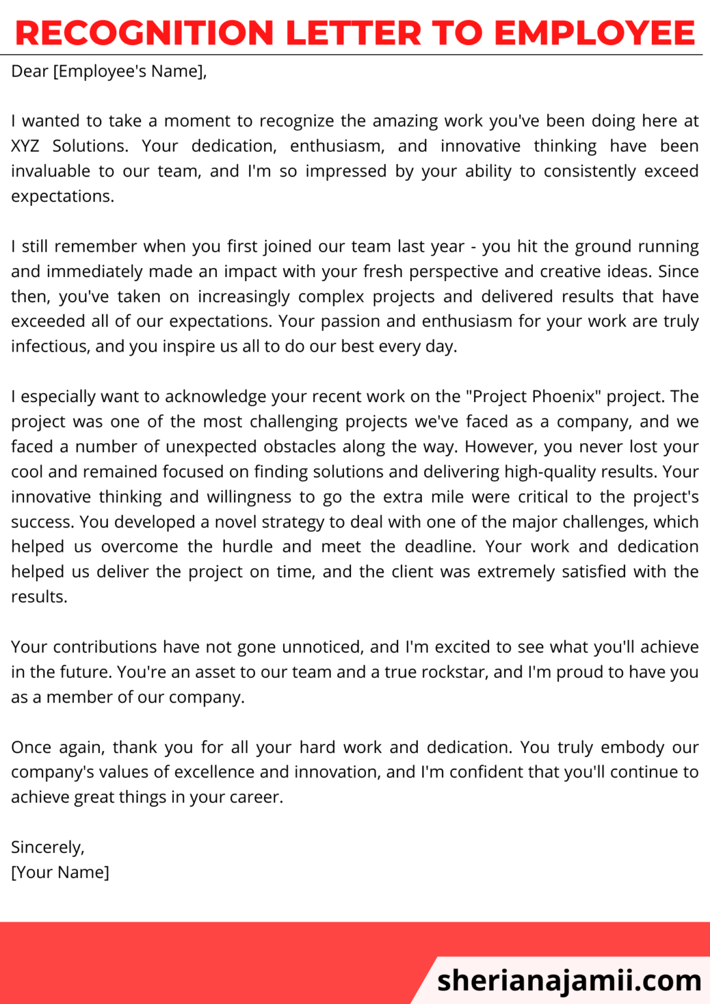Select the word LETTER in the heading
pos(354,33)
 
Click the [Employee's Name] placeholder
pos(129,71)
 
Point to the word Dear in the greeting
pos(29,71)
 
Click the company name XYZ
pos(25,146)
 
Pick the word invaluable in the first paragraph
pos(50,171)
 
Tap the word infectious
pos(50,346)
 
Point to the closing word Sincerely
pos(47,848)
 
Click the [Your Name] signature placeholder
pos(60,873)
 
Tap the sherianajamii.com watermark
pos(569,980)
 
